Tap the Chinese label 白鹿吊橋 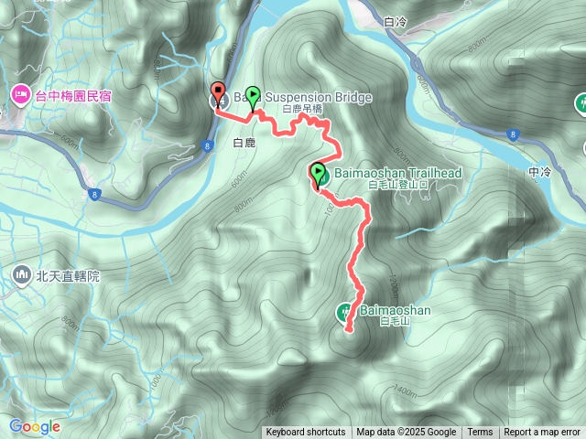point(302,109)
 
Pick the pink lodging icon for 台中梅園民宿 point(19,93)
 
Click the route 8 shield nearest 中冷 point(512,134)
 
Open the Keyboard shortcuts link point(306,433)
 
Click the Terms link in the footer point(480,433)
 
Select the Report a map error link point(544,433)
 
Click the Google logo point(35,426)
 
